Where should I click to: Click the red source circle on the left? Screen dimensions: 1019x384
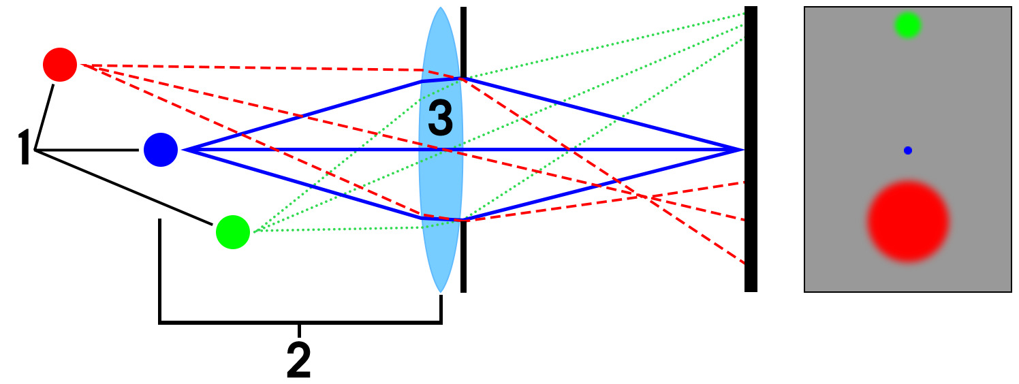pyautogui.click(x=60, y=65)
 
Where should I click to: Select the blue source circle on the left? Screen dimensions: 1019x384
pyautogui.click(x=161, y=150)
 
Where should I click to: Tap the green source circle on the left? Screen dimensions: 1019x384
pyautogui.click(x=233, y=231)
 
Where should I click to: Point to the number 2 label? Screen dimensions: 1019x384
pyautogui.click(x=299, y=361)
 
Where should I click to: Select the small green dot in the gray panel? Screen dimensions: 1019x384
pyautogui.click(x=907, y=25)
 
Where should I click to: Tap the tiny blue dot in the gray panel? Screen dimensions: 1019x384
pyautogui.click(x=907, y=150)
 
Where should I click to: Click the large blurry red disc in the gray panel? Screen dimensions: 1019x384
pyautogui.click(x=908, y=221)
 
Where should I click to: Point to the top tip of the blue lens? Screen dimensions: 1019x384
pyautogui.click(x=441, y=9)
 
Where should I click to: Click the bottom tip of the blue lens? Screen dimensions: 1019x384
pyautogui.click(x=441, y=291)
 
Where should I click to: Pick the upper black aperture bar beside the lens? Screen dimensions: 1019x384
pyautogui.click(x=463, y=41)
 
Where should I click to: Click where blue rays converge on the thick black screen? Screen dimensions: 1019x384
pyautogui.click(x=742, y=149)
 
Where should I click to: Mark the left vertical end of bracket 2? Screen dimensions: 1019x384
pyautogui.click(x=160, y=272)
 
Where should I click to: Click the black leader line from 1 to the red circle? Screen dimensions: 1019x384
pyautogui.click(x=45, y=116)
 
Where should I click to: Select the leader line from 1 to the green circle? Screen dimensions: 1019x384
pyautogui.click(x=123, y=187)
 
